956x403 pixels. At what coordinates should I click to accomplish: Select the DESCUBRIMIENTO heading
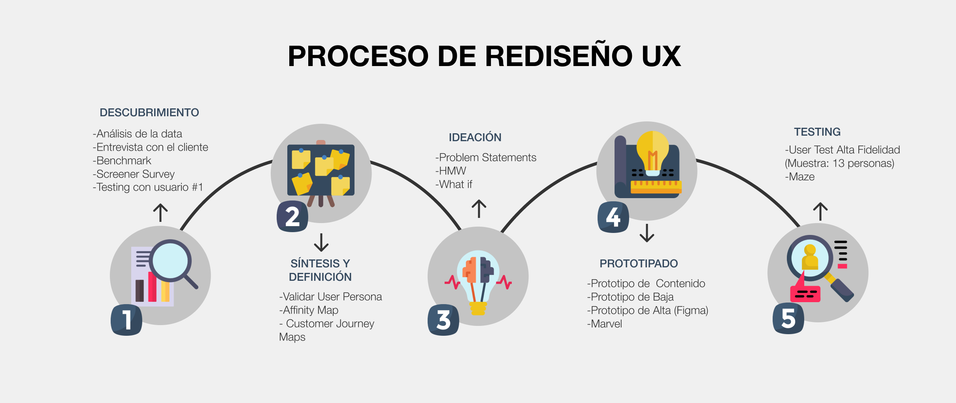pyautogui.click(x=149, y=113)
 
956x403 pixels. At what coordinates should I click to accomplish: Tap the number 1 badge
pyautogui.click(x=126, y=320)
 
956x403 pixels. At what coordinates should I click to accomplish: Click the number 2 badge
pyautogui.click(x=292, y=217)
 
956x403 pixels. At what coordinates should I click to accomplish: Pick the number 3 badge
pyautogui.click(x=443, y=320)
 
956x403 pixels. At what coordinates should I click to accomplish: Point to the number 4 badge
pyautogui.click(x=613, y=217)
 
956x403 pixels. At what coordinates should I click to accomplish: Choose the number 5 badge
pyautogui.click(x=788, y=318)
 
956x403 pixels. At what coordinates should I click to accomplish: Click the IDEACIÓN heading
pyautogui.click(x=475, y=138)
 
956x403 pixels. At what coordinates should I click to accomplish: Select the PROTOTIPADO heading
pyautogui.click(x=639, y=264)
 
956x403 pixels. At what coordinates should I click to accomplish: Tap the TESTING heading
pyautogui.click(x=817, y=132)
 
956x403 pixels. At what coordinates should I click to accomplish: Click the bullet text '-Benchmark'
pyautogui.click(x=122, y=161)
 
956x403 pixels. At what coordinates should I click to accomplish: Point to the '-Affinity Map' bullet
pyautogui.click(x=309, y=310)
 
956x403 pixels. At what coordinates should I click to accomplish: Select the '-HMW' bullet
pyautogui.click(x=451, y=171)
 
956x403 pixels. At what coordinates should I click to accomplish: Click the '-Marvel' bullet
pyautogui.click(x=605, y=324)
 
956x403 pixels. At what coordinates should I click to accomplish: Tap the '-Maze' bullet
pyautogui.click(x=800, y=177)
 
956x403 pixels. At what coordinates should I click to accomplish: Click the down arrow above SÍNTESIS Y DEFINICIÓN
pyautogui.click(x=321, y=242)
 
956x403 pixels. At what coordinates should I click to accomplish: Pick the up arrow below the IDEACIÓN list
pyautogui.click(x=479, y=209)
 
